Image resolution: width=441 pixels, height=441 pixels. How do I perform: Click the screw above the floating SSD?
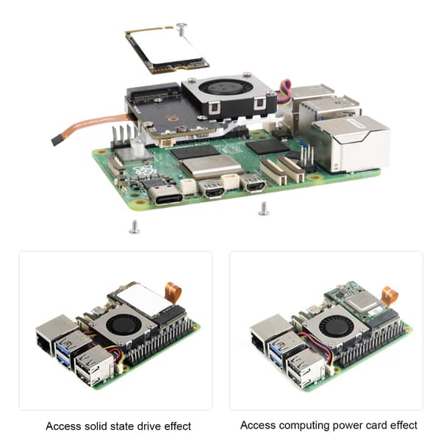[182, 29]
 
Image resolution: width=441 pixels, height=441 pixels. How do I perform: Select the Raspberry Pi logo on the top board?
[144, 172]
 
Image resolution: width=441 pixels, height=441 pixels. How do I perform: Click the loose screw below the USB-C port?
[135, 227]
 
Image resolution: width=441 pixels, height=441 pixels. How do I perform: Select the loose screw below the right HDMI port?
[264, 209]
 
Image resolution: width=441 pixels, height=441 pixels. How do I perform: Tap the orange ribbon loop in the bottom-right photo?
[390, 295]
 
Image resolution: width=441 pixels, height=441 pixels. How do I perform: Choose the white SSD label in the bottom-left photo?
[142, 300]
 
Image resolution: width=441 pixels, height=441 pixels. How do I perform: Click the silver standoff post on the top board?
[137, 147]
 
